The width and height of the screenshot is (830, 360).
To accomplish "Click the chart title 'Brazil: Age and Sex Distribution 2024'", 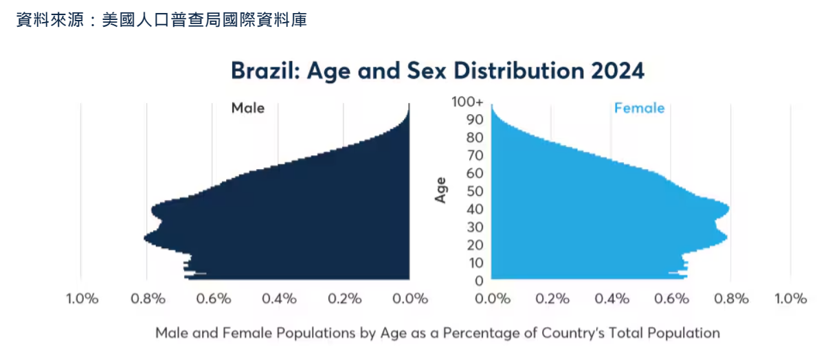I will pos(437,71).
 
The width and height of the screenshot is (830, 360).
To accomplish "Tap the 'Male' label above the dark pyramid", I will pos(247,109).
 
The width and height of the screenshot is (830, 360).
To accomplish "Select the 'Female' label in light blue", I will pos(639,109).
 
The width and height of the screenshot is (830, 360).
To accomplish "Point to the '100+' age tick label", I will pos(468,102).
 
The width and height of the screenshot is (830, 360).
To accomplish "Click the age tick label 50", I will pos(475,191).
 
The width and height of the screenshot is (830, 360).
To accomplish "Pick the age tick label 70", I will pos(475,155).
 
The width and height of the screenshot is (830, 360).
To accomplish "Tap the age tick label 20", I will pos(475,245).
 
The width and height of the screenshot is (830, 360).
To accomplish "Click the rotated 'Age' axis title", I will pos(440,190).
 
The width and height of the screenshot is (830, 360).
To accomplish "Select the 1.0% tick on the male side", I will pos(82,299).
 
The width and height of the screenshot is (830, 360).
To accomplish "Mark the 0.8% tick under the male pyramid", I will pos(148,299).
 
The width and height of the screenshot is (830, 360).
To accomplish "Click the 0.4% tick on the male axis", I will pos(279,299).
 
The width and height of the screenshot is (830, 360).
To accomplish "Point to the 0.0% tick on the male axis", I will pos(410,299).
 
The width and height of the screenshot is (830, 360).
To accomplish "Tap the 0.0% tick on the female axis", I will pos(491,299).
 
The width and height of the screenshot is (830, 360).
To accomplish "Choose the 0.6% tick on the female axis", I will pos(671,299).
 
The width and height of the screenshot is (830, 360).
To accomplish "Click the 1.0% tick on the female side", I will pos(790,299).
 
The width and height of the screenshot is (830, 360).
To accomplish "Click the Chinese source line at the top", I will pos(161,21).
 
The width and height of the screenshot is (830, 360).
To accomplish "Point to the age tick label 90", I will pos(475,120).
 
